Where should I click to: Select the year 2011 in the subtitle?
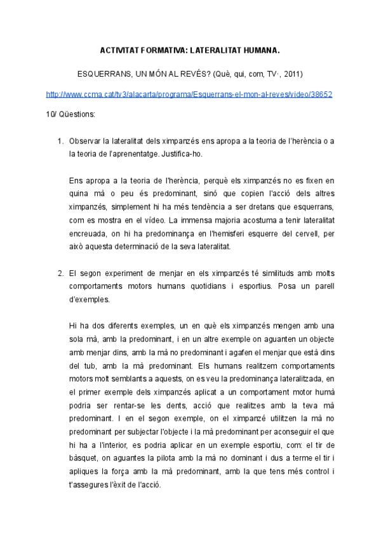coord(293,74)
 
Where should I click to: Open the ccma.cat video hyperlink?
coord(190,94)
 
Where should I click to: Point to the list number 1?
coord(60,141)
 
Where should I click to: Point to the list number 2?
coord(60,273)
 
